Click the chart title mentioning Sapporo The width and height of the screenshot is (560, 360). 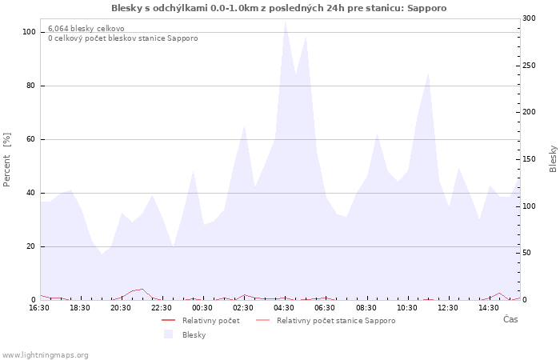pyautogui.click(x=279, y=8)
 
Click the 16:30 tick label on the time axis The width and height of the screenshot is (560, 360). pyautogui.click(x=39, y=307)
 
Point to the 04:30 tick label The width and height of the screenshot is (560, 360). pyautogui.click(x=284, y=307)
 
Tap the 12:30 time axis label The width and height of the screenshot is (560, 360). pyautogui.click(x=448, y=307)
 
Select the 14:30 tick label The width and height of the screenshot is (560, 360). pyautogui.click(x=489, y=307)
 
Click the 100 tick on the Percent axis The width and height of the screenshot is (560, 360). pyautogui.click(x=29, y=32)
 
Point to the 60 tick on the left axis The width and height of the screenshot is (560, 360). pyautogui.click(x=31, y=139)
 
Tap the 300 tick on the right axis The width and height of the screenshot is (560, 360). pyautogui.click(x=529, y=18)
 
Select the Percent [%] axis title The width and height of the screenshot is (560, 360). pyautogui.click(x=7, y=159)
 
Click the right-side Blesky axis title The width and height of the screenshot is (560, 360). pyautogui.click(x=553, y=158)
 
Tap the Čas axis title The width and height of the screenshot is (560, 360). pyautogui.click(x=510, y=319)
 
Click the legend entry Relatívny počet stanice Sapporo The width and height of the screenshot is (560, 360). pyautogui.click(x=336, y=321)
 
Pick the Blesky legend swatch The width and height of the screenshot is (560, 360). pyautogui.click(x=169, y=334)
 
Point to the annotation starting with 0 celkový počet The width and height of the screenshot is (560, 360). pyautogui.click(x=122, y=38)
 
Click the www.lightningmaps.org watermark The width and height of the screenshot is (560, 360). pyautogui.click(x=45, y=354)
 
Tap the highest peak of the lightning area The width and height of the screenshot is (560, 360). pyautogui.click(x=285, y=21)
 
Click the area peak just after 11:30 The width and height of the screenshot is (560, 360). pyautogui.click(x=429, y=74)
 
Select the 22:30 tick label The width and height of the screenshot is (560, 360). pyautogui.click(x=162, y=307)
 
